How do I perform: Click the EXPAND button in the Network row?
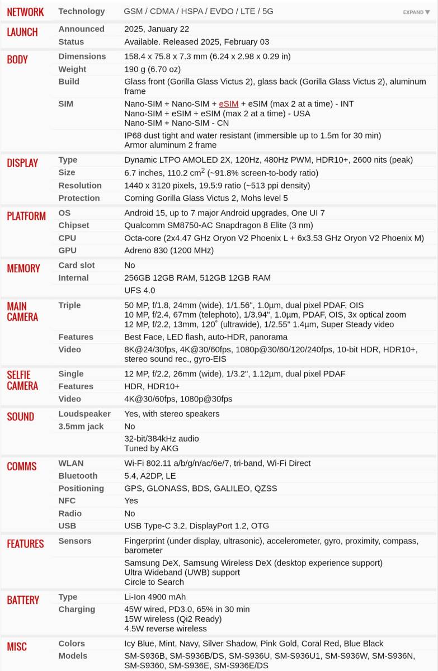(416, 12)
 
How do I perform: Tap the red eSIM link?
(229, 104)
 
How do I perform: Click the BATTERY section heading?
(23, 600)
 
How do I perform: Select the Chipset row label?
(74, 225)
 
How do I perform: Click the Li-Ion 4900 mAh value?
(155, 597)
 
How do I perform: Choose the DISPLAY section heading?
(22, 163)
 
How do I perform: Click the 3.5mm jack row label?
(82, 427)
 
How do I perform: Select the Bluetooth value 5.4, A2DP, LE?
(150, 476)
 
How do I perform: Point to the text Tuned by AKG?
(151, 448)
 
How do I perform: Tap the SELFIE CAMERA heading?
(22, 380)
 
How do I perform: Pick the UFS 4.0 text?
(140, 290)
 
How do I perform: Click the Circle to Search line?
(154, 582)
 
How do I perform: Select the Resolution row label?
(80, 186)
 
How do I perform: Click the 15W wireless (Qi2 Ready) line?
(173, 619)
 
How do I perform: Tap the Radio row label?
(70, 513)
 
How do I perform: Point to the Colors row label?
(72, 644)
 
